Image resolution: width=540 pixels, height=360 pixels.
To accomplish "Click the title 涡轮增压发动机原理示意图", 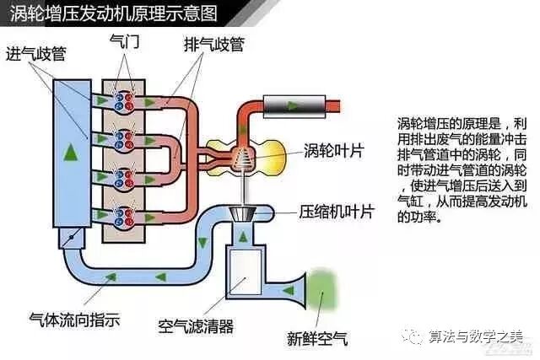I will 114,14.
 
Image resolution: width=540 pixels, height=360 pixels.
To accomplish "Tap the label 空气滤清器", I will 196,325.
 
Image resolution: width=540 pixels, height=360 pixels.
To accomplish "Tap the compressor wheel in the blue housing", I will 243,210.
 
